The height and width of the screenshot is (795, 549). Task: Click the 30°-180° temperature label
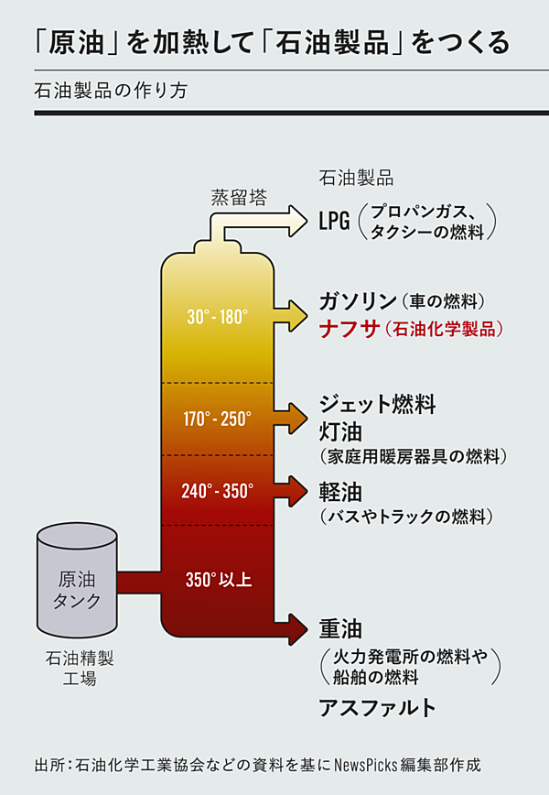coord(217,318)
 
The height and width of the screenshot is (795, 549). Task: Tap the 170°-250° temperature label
coord(217,419)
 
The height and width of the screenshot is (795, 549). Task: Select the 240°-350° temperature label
coord(217,491)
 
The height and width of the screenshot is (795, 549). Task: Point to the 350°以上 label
coord(218,580)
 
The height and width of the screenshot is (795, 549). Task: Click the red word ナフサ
coord(349,330)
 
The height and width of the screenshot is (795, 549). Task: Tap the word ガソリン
coord(356,301)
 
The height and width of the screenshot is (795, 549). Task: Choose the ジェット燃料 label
coord(377,403)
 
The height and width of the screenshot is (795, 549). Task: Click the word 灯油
coord(337,430)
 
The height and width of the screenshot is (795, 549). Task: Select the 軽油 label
coord(337,490)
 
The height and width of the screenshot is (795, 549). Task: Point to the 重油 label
coord(337,629)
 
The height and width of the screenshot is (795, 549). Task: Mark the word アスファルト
coord(377,708)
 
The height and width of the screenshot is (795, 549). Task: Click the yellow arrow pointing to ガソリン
coord(295,314)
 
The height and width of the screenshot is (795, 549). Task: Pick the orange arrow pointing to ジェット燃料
coord(295,418)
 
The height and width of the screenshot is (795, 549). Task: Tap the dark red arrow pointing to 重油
coord(295,628)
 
